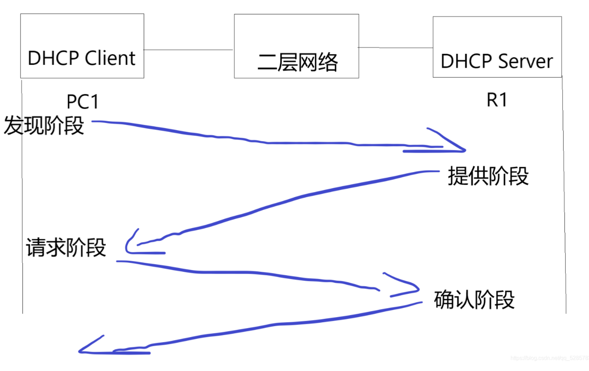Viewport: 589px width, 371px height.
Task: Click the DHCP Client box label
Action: (x=81, y=58)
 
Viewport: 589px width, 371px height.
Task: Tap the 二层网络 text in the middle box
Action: (x=297, y=62)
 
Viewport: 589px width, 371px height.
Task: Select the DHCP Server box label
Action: (x=497, y=61)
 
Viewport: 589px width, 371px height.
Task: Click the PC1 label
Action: (x=83, y=102)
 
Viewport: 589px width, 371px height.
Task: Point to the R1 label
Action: (x=497, y=100)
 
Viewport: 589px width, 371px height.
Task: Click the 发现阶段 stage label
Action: (x=44, y=126)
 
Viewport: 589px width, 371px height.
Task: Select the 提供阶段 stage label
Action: (x=488, y=176)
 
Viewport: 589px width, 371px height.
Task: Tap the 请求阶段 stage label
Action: (x=66, y=248)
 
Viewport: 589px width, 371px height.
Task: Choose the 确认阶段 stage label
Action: (x=474, y=300)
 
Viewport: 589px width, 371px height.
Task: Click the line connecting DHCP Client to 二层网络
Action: (x=189, y=50)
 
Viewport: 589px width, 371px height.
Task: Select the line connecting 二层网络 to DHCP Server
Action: (x=396, y=47)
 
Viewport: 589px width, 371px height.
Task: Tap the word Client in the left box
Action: (x=110, y=58)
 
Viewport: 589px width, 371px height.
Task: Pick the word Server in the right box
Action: (x=525, y=61)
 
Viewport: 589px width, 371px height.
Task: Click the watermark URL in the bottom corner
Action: (x=549, y=358)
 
